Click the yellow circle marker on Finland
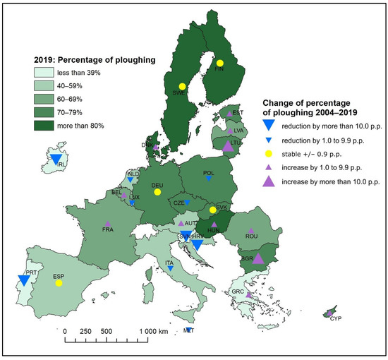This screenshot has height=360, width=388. pyautogui.click(x=219, y=62)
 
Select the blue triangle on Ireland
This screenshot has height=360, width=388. pyautogui.click(x=56, y=157)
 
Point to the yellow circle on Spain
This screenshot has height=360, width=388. pyautogui.click(x=59, y=283)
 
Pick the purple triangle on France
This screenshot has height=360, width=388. pyautogui.click(x=108, y=224)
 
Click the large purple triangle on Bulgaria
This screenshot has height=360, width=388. pyautogui.click(x=258, y=258)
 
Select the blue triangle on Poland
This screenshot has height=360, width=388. pyautogui.click(x=209, y=179)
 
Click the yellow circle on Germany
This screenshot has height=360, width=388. pyautogui.click(x=157, y=191)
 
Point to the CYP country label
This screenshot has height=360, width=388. pyautogui.click(x=334, y=318)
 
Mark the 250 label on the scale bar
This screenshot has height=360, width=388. pyautogui.click(x=86, y=330)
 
